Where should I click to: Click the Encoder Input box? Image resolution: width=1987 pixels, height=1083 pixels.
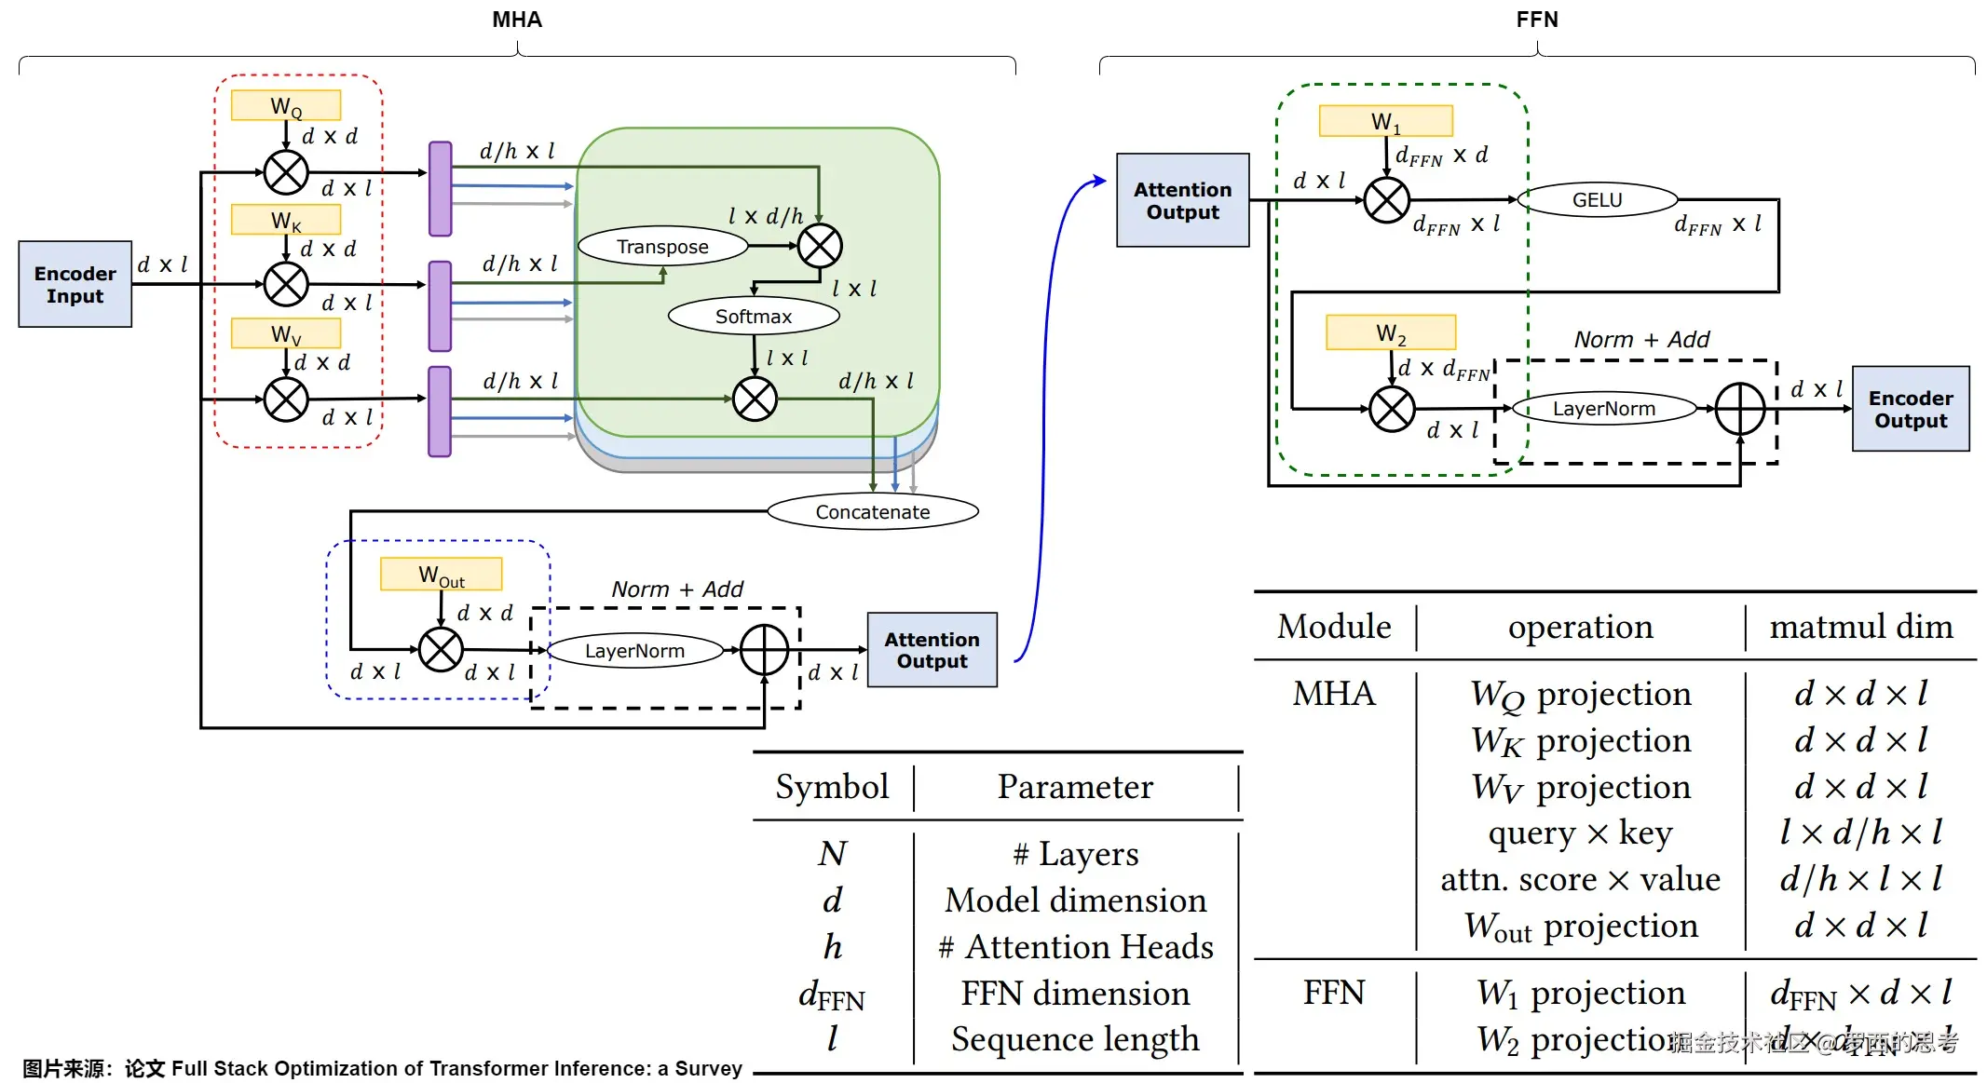pyautogui.click(x=75, y=284)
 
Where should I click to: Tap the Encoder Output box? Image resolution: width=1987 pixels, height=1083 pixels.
pyautogui.click(x=1910, y=409)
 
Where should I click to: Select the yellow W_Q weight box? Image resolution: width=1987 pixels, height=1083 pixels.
pyautogui.click(x=286, y=105)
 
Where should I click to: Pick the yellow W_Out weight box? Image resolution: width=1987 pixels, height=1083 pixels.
pyautogui.click(x=441, y=575)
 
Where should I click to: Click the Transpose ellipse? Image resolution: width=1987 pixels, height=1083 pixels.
pyautogui.click(x=662, y=247)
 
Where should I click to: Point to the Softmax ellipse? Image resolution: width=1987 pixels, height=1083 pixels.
pyautogui.click(x=754, y=317)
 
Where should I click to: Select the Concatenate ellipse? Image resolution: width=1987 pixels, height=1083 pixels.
pyautogui.click(x=872, y=511)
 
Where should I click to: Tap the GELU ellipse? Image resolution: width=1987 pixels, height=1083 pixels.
pyautogui.click(x=1597, y=200)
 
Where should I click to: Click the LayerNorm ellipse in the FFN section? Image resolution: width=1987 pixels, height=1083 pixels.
pyautogui.click(x=1603, y=409)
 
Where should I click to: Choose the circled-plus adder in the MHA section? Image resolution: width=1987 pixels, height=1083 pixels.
pyautogui.click(x=764, y=650)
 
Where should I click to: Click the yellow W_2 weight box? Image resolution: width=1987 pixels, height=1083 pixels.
pyautogui.click(x=1391, y=332)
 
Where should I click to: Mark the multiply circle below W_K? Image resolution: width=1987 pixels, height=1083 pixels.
pyautogui.click(x=286, y=284)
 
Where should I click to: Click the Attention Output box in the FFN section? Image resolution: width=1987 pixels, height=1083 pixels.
pyautogui.click(x=1182, y=200)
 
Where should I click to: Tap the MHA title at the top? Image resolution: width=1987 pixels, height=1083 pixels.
pyautogui.click(x=517, y=20)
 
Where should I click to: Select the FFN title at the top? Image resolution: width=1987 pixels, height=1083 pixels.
pyautogui.click(x=1536, y=20)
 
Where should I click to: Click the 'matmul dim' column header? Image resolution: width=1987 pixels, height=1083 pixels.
pyautogui.click(x=1860, y=627)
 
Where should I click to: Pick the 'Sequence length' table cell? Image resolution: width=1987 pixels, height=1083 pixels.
pyautogui.click(x=1075, y=1038)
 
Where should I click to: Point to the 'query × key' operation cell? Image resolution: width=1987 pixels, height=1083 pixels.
pyautogui.click(x=1580, y=833)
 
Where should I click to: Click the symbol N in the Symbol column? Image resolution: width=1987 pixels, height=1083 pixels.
pyautogui.click(x=833, y=854)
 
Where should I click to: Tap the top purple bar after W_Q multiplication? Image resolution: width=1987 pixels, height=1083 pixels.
pyautogui.click(x=440, y=189)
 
